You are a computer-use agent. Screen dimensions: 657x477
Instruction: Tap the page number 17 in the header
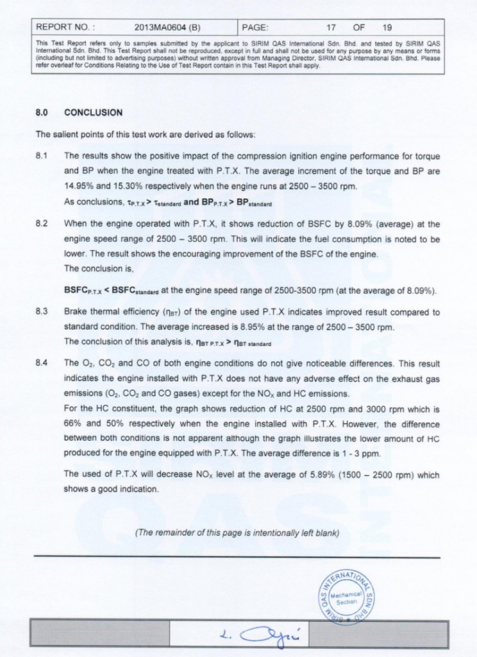(x=331, y=28)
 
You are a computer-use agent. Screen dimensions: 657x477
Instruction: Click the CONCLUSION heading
(x=94, y=112)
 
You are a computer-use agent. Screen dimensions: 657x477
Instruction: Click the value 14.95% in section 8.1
(x=78, y=186)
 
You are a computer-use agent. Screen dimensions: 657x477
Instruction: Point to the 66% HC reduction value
(x=73, y=424)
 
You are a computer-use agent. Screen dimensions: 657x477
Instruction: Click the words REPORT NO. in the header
(x=65, y=28)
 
